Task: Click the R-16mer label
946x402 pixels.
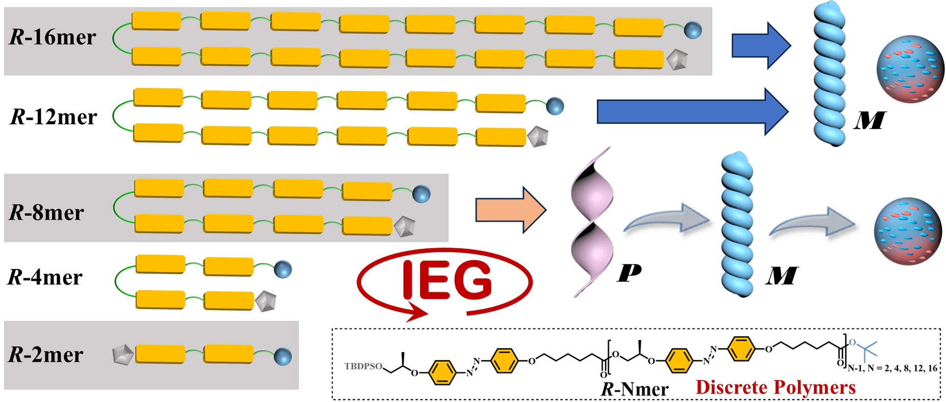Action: (53, 37)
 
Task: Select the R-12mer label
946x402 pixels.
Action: (54, 117)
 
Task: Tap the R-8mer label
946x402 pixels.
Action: (47, 213)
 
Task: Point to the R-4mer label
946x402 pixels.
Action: (45, 277)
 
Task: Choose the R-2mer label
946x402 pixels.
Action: (46, 354)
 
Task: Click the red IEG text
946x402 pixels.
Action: (447, 280)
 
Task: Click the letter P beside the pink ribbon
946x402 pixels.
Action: (629, 272)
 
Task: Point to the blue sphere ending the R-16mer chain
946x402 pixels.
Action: (693, 30)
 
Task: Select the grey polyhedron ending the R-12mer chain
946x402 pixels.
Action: (538, 136)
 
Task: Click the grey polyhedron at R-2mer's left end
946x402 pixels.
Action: (122, 354)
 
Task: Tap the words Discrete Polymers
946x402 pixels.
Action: (776, 387)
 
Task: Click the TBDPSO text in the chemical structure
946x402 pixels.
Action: (363, 366)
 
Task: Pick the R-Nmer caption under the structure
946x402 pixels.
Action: (635, 389)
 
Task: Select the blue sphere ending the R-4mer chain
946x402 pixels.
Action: (283, 269)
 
